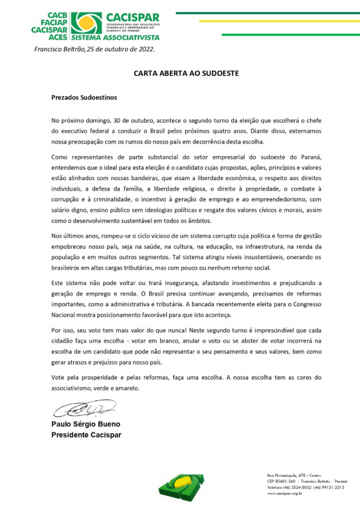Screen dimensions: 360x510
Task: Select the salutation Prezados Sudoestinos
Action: click(x=84, y=97)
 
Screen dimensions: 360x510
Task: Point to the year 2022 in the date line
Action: click(x=143, y=49)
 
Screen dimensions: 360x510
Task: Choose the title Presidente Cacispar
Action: click(x=86, y=435)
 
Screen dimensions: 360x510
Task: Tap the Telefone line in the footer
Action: click(x=300, y=487)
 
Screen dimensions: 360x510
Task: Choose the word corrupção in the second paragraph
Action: click(x=68, y=198)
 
